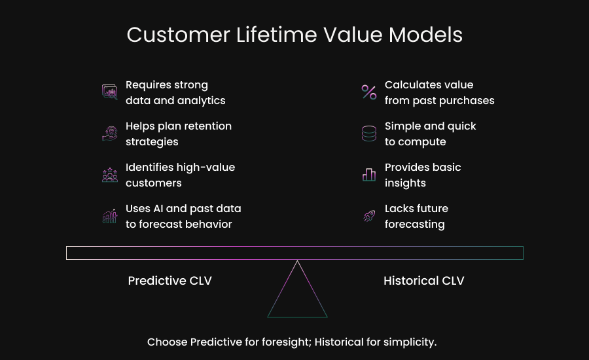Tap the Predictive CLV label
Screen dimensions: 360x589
pos(170,281)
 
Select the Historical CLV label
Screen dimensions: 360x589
pos(423,281)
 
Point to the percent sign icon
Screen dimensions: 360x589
pos(369,92)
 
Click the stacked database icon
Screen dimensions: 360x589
pos(369,134)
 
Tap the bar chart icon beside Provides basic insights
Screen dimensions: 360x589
pos(369,175)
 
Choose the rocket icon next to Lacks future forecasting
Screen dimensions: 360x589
pos(369,216)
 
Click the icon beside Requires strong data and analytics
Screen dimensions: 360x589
pos(110,92)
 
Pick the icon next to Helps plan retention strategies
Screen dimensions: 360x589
pos(110,134)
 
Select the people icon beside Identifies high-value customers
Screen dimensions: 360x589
pos(110,175)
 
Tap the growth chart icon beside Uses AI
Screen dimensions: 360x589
pos(110,216)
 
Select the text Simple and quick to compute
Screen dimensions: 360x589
pos(430,134)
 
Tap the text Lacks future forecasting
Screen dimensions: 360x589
pos(416,216)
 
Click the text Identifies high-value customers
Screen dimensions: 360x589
pos(180,175)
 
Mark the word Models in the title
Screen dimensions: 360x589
pos(425,35)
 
